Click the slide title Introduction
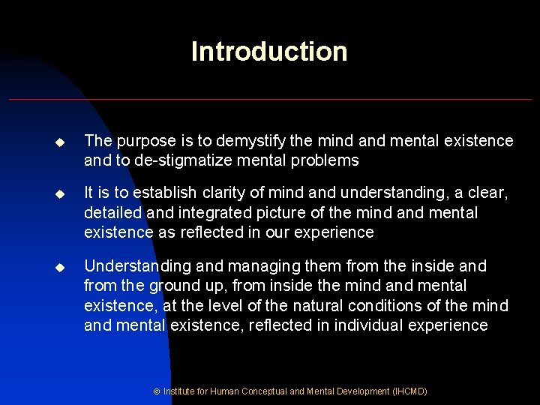point(269,52)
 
